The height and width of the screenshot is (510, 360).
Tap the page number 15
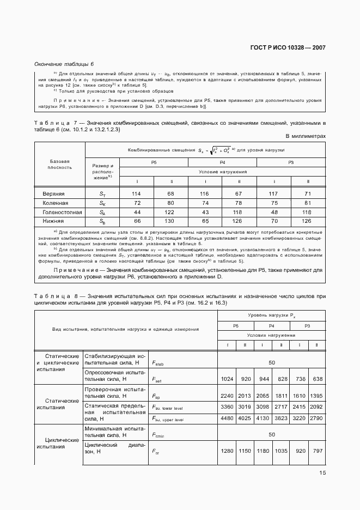[x=322, y=473]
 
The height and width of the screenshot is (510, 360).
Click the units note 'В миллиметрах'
[x=306, y=136]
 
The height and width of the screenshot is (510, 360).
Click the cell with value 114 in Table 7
[x=137, y=193]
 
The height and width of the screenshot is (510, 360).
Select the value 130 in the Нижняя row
[x=171, y=221]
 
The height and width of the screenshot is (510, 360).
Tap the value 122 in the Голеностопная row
[x=171, y=212]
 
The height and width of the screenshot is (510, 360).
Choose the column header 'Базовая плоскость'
[x=60, y=165]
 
